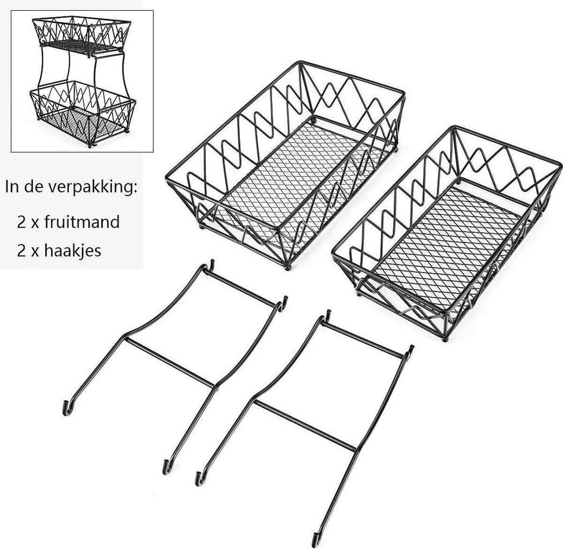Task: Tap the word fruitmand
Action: [x=82, y=222]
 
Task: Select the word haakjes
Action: [x=73, y=251]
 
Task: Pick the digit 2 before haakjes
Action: [x=22, y=251]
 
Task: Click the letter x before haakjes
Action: [x=35, y=252]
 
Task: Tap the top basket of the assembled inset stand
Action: [x=81, y=36]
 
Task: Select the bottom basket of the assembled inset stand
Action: [x=83, y=115]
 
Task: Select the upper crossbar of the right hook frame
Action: [x=362, y=340]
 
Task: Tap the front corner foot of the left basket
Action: [x=287, y=268]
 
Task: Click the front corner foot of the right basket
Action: [x=445, y=339]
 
